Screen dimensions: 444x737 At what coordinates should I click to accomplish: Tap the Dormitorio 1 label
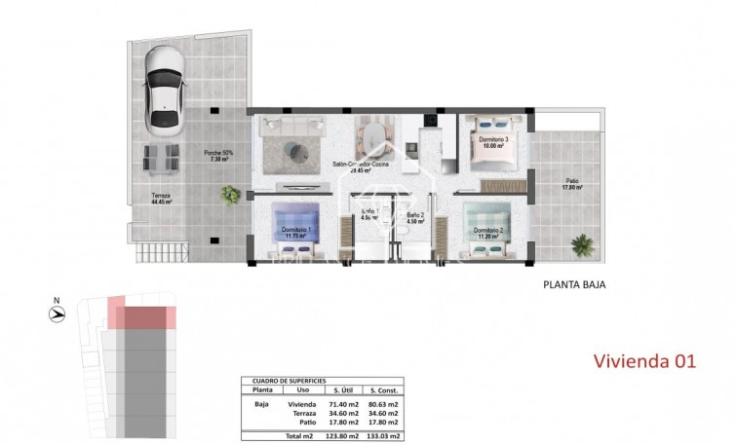[295, 232]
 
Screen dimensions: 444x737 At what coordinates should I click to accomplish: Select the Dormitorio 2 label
[487, 233]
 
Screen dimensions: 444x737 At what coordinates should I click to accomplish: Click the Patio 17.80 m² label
[569, 184]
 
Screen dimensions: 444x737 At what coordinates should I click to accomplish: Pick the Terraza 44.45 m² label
[161, 200]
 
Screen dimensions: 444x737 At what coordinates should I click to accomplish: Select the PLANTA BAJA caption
[574, 286]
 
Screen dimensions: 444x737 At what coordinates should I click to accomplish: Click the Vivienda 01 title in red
[644, 361]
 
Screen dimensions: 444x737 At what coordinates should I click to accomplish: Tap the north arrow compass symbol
[58, 314]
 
